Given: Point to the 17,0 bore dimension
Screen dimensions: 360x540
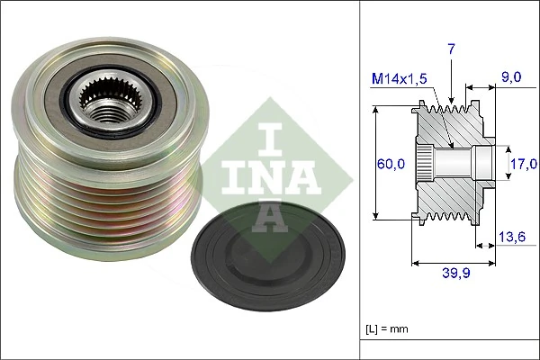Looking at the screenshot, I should [x=523, y=163].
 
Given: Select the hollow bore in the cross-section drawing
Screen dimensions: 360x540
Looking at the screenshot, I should [x=459, y=163].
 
